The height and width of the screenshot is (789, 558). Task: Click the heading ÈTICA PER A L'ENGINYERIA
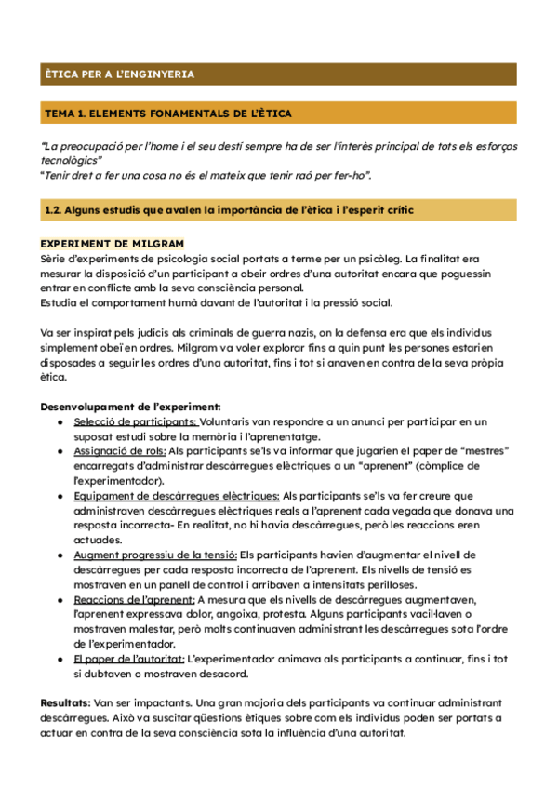click(x=119, y=74)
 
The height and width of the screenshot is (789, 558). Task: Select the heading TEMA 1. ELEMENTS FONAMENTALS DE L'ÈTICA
click(x=167, y=114)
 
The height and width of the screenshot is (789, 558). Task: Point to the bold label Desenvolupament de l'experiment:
click(x=131, y=407)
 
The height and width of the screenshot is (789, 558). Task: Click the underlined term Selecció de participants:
click(x=136, y=421)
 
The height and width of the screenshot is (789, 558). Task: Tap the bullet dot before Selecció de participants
click(x=60, y=422)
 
